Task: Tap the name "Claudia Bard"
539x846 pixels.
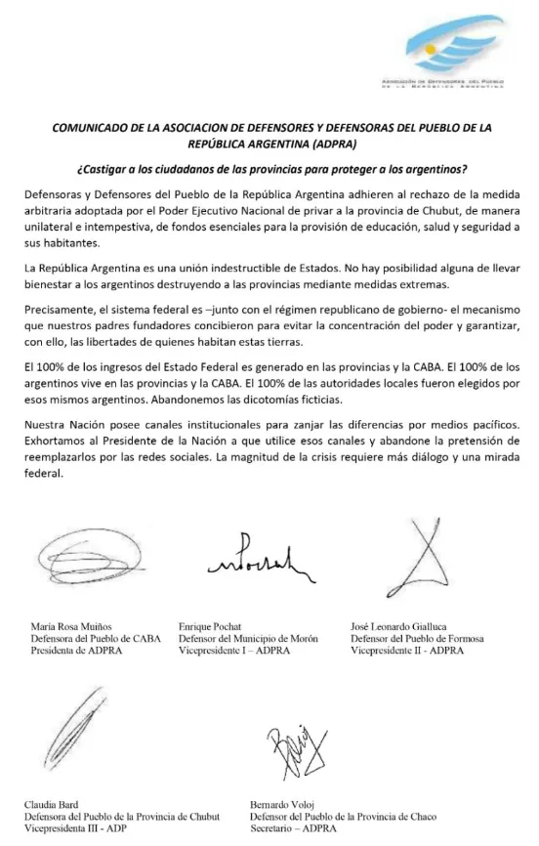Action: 52,805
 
